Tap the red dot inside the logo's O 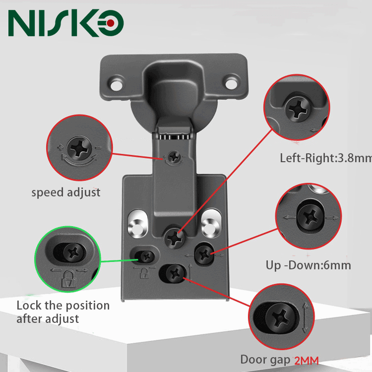(x=113, y=23)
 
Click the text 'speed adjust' (x=66, y=192)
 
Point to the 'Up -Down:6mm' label (x=308, y=265)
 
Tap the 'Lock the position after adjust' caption (x=63, y=311)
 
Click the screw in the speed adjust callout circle (x=79, y=147)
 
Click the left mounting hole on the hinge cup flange (x=117, y=82)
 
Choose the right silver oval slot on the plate (x=211, y=223)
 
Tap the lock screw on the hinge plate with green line (x=146, y=256)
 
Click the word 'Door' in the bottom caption (x=254, y=360)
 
